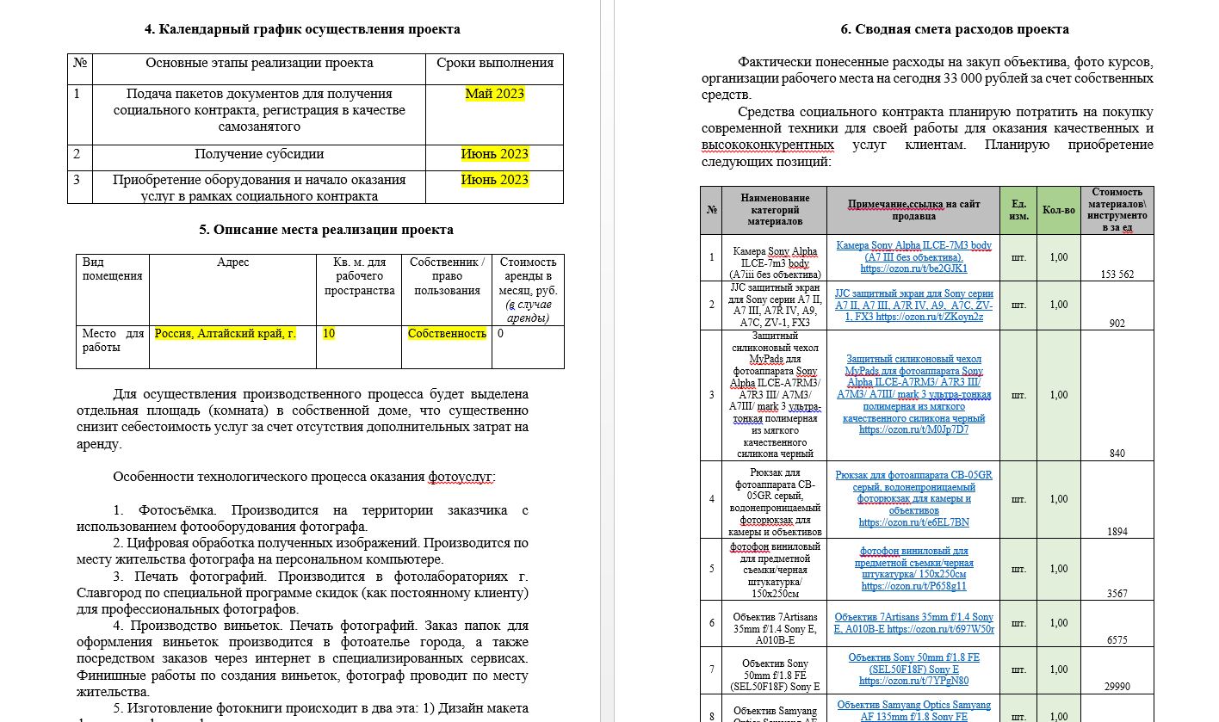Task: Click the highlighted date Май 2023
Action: coord(494,94)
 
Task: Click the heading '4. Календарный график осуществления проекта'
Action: coord(301,29)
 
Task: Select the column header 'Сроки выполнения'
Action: coord(494,63)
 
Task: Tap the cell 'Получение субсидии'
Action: coord(259,155)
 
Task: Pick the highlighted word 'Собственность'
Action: coord(447,334)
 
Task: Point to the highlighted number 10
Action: coord(328,334)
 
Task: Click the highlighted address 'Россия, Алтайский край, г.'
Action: coord(226,334)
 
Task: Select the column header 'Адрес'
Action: coord(233,262)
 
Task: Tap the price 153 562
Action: coord(1117,275)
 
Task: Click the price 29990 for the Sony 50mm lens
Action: coord(1117,687)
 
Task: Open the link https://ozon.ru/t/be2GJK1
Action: coord(913,268)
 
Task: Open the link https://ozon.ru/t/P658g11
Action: coord(913,586)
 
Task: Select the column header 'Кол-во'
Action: coord(1058,210)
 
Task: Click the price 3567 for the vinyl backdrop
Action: coord(1117,594)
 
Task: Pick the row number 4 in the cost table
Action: coord(711,499)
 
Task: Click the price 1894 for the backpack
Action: coord(1117,532)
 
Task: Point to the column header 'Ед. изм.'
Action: coord(1018,210)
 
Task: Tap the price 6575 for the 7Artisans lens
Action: coord(1117,640)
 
